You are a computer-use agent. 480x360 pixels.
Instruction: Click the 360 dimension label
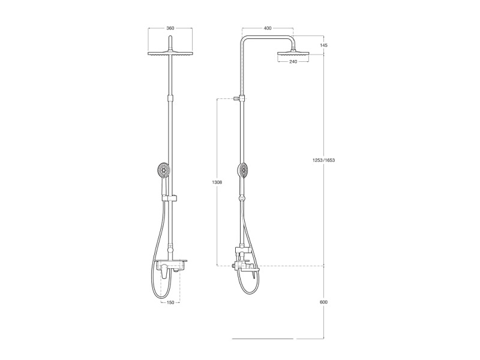click(x=170, y=28)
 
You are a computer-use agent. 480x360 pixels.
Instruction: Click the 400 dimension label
click(x=268, y=28)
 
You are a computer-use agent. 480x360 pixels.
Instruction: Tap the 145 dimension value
click(x=323, y=46)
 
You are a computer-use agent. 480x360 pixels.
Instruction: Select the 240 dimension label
click(x=293, y=62)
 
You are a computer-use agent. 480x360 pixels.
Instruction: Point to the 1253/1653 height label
click(x=323, y=160)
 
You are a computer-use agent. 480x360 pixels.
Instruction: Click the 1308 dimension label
click(x=217, y=182)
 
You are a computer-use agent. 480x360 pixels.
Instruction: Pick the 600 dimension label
click(x=323, y=302)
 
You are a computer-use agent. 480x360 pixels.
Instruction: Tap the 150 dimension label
click(x=170, y=302)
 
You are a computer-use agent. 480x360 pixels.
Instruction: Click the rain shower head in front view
click(x=170, y=53)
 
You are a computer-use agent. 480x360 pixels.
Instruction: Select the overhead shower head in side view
click(x=293, y=54)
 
